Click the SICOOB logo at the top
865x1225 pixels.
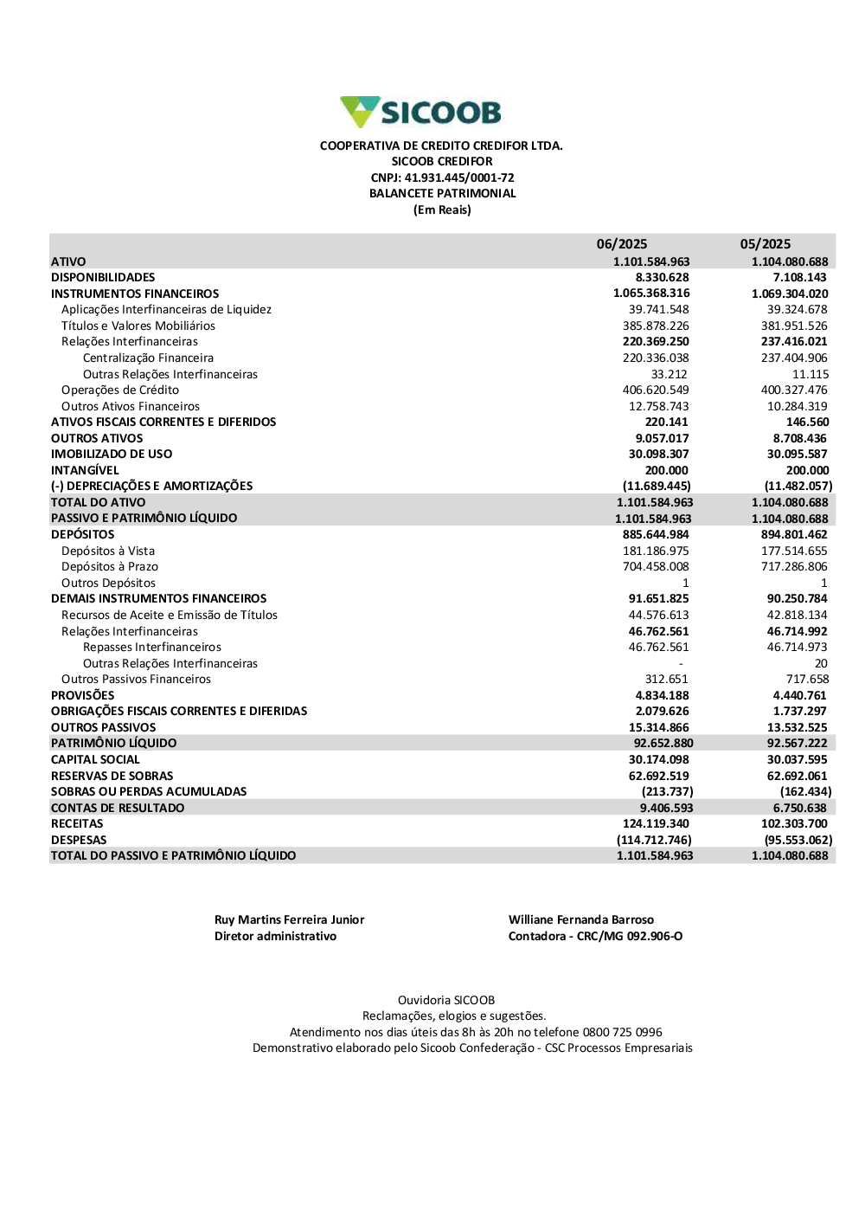420,112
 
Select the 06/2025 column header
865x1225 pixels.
621,244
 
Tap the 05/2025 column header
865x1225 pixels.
765,244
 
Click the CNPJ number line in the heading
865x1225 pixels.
442,177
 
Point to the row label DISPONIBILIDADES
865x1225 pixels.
103,278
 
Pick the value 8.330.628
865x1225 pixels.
662,278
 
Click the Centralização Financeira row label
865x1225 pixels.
148,358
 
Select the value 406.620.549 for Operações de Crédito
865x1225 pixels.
656,390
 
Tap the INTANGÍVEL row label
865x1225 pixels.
85,471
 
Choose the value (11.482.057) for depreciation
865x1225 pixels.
798,487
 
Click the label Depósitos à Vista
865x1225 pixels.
108,551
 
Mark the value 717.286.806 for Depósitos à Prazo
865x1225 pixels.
794,567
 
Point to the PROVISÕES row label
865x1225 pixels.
82,696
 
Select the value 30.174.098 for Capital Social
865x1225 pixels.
658,760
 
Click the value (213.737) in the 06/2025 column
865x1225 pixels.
667,792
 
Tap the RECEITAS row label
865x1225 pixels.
77,824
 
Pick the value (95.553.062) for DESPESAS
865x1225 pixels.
798,841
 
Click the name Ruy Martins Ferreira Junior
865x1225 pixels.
289,920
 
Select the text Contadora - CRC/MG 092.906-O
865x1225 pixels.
595,937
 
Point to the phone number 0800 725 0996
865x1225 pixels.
622,1033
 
